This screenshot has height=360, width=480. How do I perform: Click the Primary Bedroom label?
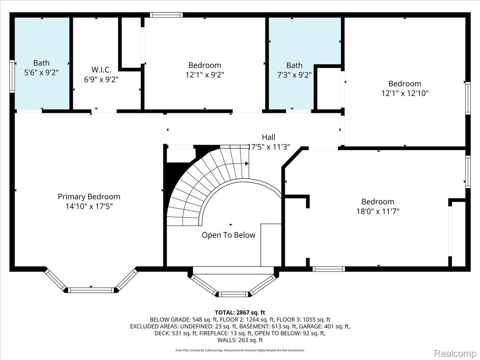(89, 197)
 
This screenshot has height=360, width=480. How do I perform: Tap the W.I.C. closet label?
(101, 70)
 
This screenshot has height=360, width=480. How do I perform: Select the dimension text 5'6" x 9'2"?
(41, 72)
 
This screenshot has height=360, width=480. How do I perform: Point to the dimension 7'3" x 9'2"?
(294, 75)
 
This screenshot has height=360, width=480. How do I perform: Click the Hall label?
(268, 137)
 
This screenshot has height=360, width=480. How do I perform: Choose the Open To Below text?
(228, 235)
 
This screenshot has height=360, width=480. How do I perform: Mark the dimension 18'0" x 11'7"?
(378, 211)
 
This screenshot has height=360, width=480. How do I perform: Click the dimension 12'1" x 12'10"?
(405, 93)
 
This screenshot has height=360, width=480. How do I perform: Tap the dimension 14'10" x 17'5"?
(89, 206)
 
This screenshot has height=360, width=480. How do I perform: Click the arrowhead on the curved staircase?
(247, 164)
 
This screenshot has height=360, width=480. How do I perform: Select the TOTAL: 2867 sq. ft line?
(240, 312)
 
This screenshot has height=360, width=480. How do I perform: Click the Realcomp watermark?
(455, 353)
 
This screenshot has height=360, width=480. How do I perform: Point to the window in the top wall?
(166, 15)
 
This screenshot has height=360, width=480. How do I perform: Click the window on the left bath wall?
(12, 76)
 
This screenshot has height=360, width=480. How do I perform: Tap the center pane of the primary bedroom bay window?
(91, 290)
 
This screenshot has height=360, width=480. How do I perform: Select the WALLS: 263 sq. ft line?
(240, 340)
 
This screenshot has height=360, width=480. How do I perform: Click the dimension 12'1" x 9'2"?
(205, 75)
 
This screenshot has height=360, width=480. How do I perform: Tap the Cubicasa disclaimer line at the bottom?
(240, 350)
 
